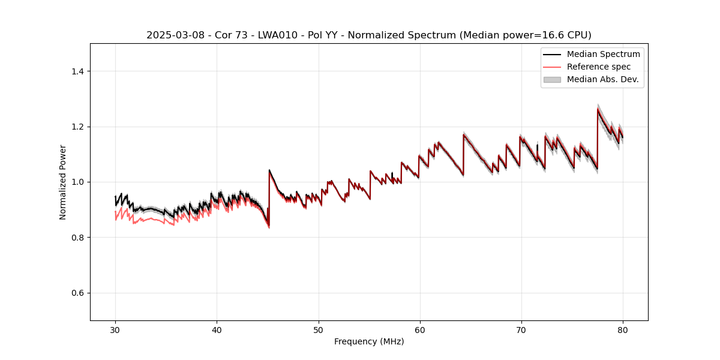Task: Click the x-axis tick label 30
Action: point(115,330)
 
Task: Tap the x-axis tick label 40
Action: point(217,330)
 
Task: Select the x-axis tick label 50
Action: point(319,330)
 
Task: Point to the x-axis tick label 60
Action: point(420,330)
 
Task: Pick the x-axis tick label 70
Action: point(521,330)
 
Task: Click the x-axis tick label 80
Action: point(623,330)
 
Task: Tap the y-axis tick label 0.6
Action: point(77,293)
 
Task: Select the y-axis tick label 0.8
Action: point(77,238)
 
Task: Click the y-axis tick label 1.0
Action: point(77,182)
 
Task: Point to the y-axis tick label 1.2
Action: point(77,127)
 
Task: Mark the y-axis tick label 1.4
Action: point(77,71)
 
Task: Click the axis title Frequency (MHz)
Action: point(369,341)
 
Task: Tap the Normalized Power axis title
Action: point(63,182)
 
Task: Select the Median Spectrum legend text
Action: point(603,54)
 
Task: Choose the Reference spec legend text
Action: point(599,67)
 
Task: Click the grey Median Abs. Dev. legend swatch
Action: point(552,79)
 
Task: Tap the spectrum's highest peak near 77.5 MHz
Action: point(598,109)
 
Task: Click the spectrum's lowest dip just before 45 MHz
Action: point(268,226)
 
